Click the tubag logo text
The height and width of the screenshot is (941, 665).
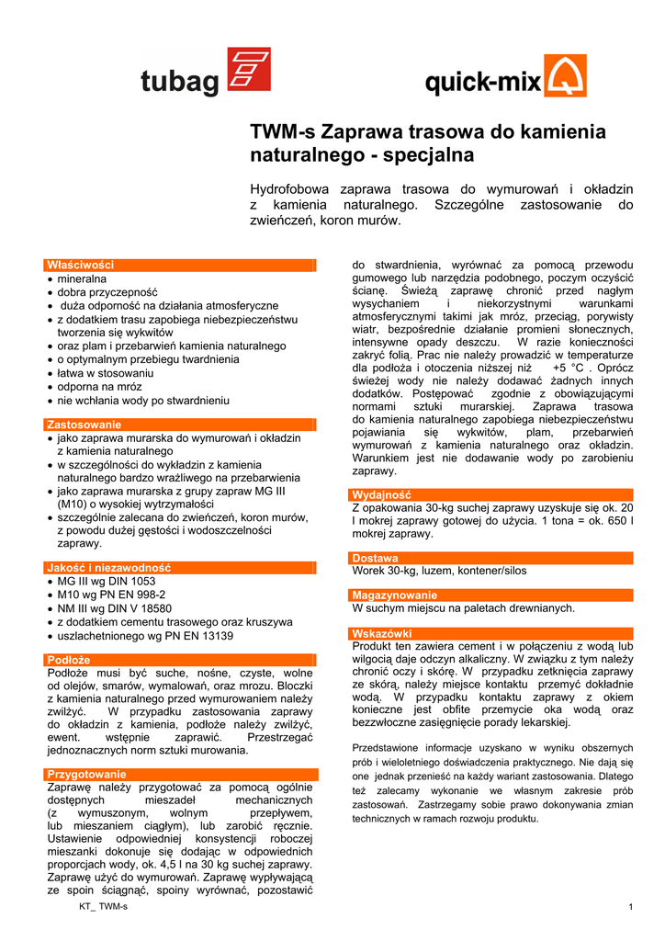tap(180, 83)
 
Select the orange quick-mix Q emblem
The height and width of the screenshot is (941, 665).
tap(566, 75)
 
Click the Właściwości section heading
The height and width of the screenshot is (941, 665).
tap(80, 265)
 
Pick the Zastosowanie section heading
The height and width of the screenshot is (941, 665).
tap(84, 425)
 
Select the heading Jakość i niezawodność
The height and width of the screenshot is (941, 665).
tap(108, 568)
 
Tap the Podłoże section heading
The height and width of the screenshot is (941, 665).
tap(69, 659)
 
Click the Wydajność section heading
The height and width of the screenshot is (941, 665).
tap(382, 494)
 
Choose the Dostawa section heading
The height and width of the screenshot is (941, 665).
tap(376, 558)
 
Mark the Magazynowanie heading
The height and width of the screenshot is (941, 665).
tap(395, 595)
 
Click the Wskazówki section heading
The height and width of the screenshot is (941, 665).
tap(383, 633)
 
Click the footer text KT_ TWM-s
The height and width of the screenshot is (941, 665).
tap(104, 907)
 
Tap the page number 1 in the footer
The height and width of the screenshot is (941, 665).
tap(632, 908)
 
